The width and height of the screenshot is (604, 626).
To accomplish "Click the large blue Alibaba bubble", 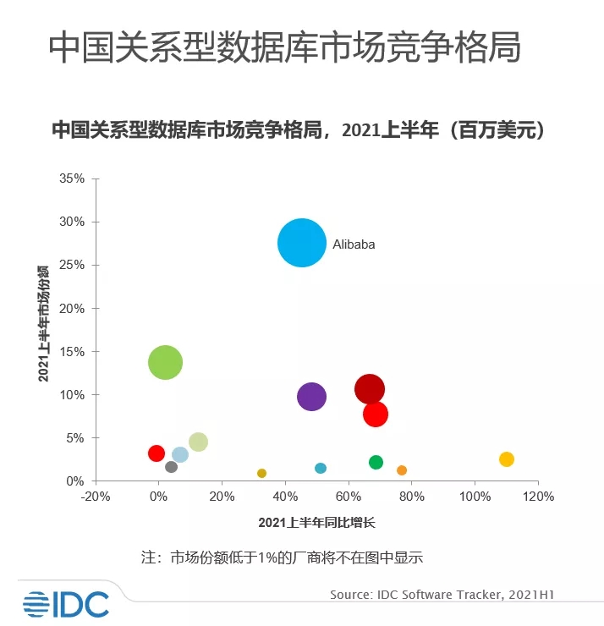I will (302, 243).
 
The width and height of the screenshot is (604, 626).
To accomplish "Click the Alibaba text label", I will (354, 244).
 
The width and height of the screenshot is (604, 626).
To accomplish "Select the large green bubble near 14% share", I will (165, 362).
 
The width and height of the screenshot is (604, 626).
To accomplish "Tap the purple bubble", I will (311, 396).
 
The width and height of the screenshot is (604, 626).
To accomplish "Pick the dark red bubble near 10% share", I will (370, 389).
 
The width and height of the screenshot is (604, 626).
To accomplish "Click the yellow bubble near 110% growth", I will (506, 459).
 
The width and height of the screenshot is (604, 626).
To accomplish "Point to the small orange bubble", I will (402, 470).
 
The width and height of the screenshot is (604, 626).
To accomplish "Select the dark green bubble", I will (376, 462).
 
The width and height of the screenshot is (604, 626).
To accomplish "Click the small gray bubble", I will (171, 467).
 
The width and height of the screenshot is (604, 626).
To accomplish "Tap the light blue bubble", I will (180, 455).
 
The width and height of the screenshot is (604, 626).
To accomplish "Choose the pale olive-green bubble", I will (198, 442).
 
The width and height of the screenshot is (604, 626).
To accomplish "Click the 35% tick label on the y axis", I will (73, 179).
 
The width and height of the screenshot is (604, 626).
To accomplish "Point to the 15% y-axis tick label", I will (73, 352).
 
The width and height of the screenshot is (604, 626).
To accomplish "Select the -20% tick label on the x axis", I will (96, 497).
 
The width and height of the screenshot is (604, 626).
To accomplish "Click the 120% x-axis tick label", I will (538, 497).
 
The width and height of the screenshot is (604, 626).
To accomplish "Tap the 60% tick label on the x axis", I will (349, 497).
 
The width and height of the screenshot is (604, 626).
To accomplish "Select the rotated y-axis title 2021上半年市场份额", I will (43, 322).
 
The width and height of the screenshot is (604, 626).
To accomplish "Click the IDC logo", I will (66, 602).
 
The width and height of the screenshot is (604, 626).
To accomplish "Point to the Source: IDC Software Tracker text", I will (447, 595).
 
